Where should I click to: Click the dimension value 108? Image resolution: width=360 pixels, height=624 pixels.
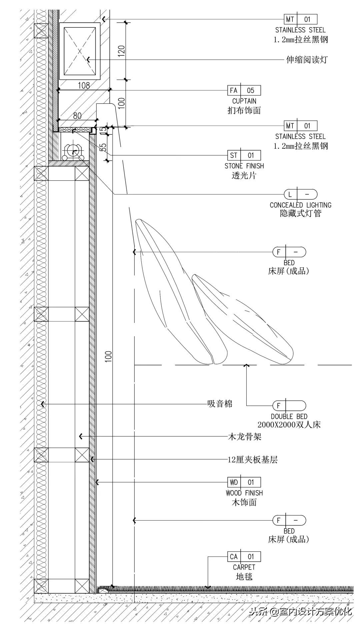point(84,85)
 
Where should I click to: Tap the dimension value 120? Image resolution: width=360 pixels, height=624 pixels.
point(121,51)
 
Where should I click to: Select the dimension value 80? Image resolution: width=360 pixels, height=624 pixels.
point(77,115)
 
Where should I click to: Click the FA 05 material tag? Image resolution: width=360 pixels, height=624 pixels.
point(244,90)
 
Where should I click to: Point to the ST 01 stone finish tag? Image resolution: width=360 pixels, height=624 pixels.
point(244,155)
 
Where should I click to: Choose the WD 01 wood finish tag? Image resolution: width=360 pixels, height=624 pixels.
point(244,482)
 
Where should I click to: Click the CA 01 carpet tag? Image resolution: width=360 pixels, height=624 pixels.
point(244,557)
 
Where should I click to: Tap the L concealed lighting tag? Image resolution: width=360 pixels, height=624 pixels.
point(300,194)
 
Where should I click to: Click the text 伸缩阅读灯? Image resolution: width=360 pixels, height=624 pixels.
point(307,60)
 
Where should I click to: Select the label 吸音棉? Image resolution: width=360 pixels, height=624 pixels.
point(220,404)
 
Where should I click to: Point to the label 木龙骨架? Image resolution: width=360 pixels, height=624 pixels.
point(244,437)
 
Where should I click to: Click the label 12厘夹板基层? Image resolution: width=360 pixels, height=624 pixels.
point(252,460)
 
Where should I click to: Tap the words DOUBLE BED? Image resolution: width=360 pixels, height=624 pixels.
point(289,417)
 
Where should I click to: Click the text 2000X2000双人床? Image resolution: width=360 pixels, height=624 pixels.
point(289,425)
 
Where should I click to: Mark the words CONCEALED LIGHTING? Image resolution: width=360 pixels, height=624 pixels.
point(300,205)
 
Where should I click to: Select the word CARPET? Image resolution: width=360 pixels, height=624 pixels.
point(244,567)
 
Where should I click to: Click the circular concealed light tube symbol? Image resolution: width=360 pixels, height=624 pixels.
point(73,152)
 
